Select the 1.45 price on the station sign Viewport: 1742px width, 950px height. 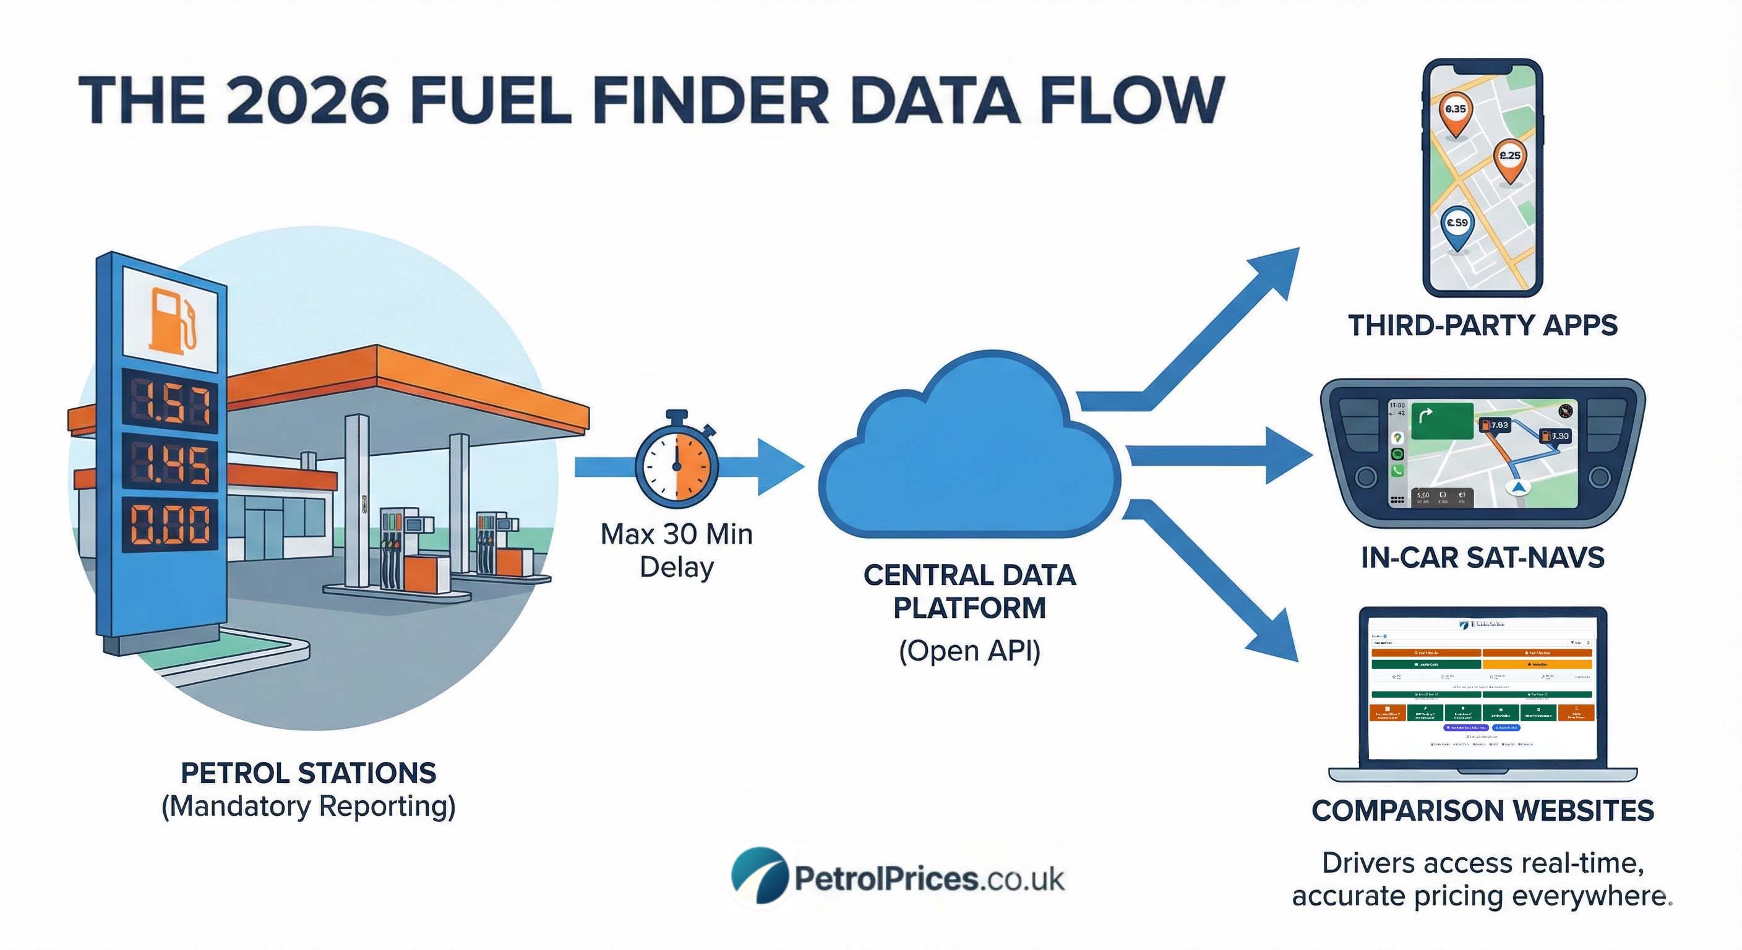click(169, 464)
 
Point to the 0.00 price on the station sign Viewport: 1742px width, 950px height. click(169, 524)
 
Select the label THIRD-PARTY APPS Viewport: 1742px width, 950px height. click(1482, 325)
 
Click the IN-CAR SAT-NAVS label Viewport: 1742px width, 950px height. click(1482, 558)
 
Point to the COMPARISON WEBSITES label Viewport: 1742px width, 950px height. click(1482, 810)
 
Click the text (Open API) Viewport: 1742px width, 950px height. click(969, 651)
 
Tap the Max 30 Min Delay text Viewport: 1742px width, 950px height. click(676, 550)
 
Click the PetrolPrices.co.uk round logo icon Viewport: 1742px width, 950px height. click(760, 876)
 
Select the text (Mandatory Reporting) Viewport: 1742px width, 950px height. click(308, 806)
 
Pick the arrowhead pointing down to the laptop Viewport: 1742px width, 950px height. click(1275, 639)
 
